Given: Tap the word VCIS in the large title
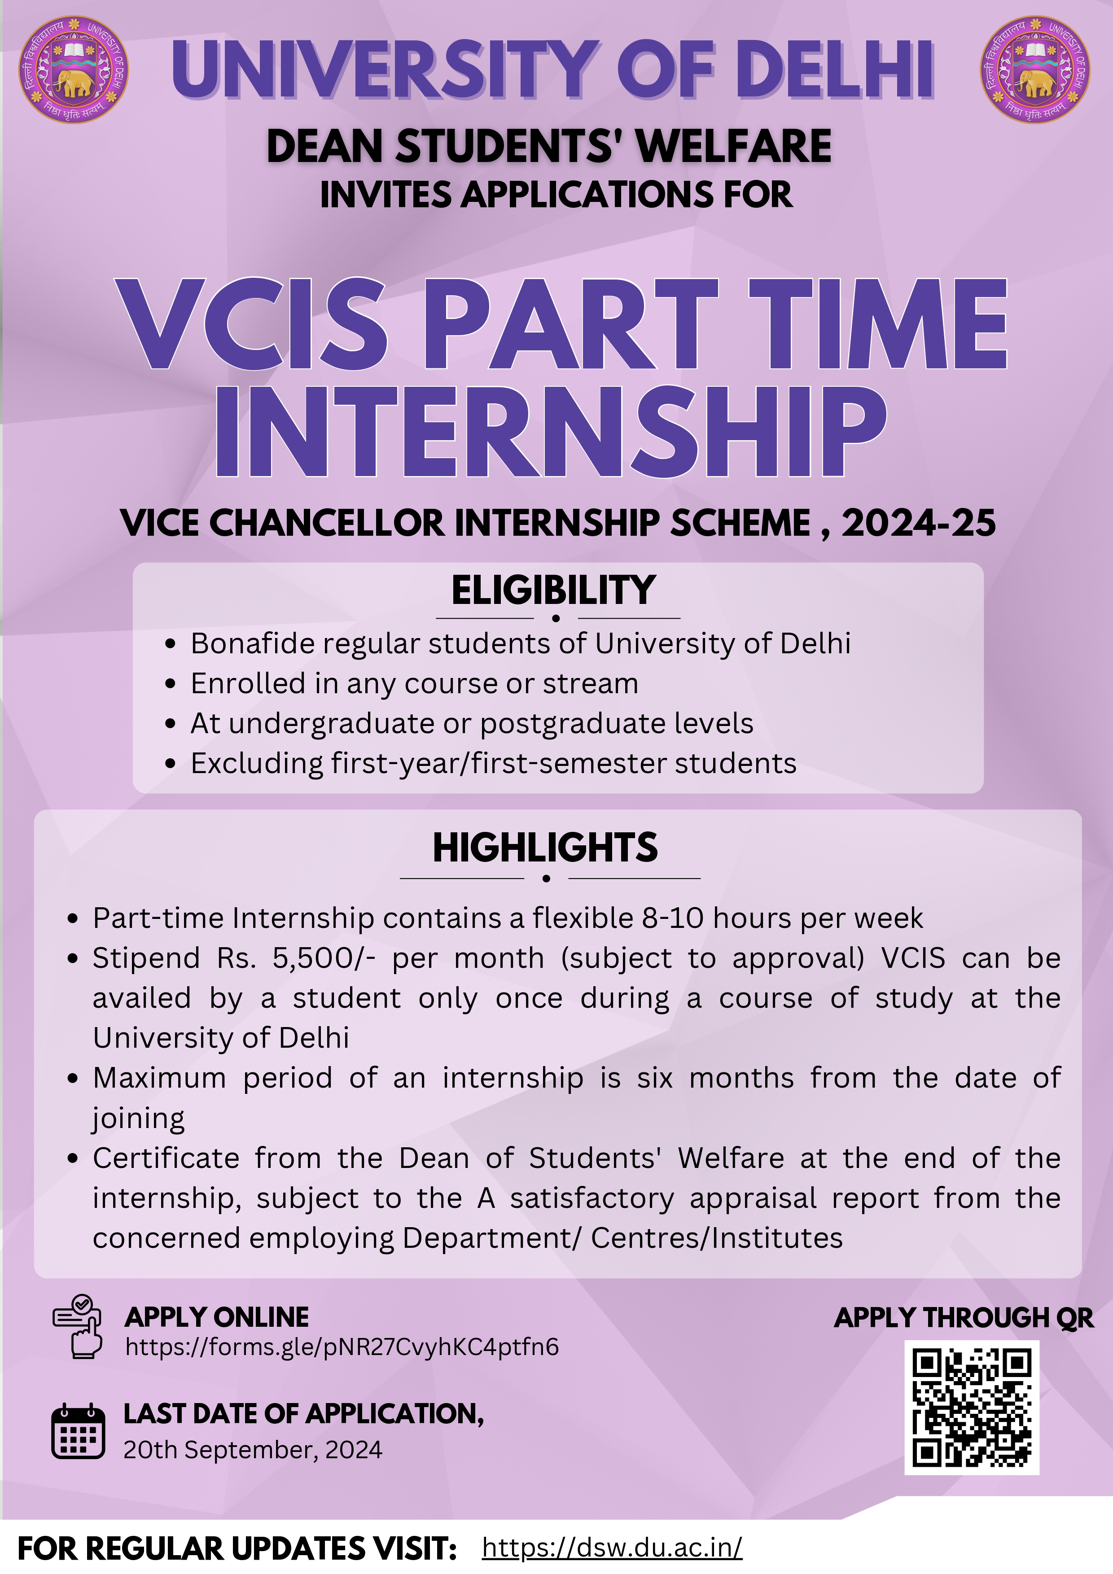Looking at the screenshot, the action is coord(252,324).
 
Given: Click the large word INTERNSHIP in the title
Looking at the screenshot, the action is coord(551,431).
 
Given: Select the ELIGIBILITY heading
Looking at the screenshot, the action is coord(553,590).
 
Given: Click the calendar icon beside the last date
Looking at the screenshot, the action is coord(78,1431).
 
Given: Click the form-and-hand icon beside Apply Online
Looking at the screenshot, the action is coord(78,1326).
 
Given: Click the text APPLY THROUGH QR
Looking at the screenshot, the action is coord(964,1318).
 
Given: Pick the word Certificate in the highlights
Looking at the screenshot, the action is coord(166,1159).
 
